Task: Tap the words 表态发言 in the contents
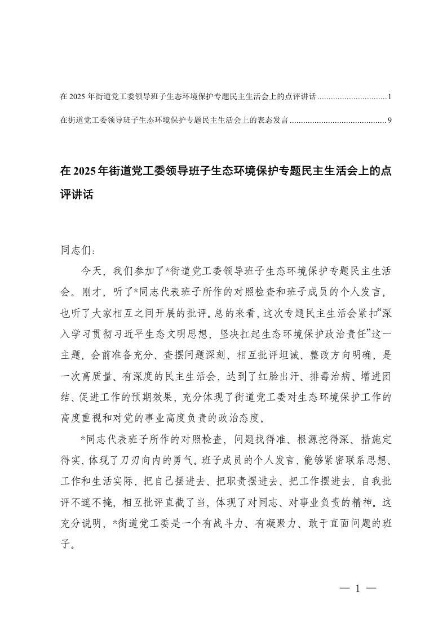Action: tap(270, 120)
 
